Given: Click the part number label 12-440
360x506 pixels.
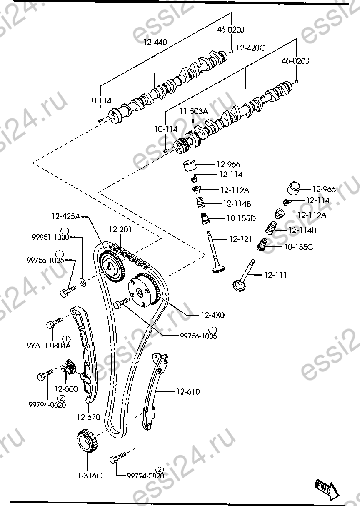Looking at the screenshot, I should point(155,42).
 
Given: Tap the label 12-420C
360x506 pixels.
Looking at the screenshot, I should point(250,48).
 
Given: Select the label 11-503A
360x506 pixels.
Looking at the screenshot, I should point(193,111).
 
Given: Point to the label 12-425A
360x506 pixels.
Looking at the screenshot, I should point(66,216).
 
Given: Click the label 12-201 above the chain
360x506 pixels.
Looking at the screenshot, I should point(120,230).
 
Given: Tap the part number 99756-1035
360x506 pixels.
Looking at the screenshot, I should point(198,336).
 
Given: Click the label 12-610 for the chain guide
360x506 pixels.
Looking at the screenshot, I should point(187,392).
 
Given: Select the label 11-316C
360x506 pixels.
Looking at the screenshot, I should point(87,476).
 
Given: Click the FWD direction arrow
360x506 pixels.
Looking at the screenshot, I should point(325,488).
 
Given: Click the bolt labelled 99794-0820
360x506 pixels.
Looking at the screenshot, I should point(116,459).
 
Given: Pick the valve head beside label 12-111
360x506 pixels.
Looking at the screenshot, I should point(239,286).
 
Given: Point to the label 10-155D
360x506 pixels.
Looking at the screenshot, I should point(241,218).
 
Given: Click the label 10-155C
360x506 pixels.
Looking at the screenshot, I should point(299,247).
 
